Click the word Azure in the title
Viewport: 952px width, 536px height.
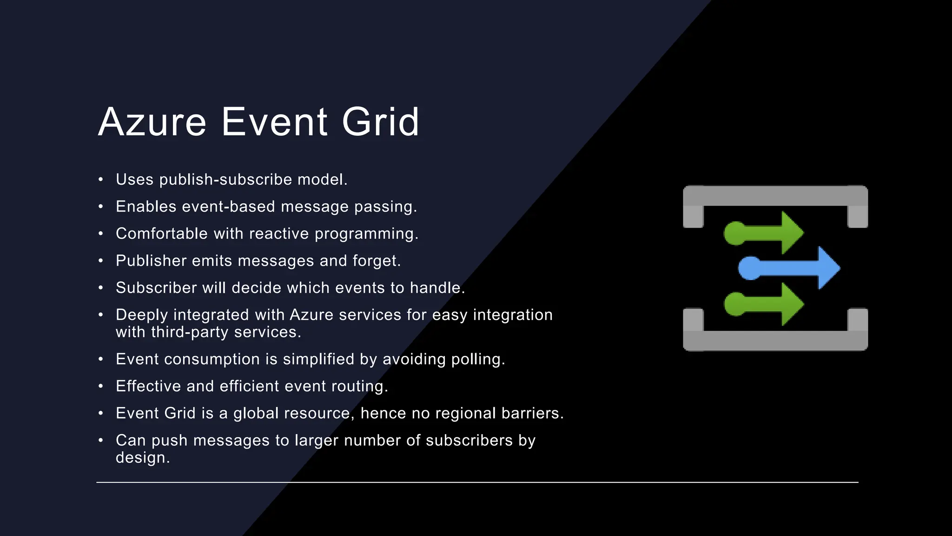pyautogui.click(x=152, y=122)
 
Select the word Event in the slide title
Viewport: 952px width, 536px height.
pyautogui.click(x=274, y=122)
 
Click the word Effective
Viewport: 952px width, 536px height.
pyautogui.click(x=148, y=386)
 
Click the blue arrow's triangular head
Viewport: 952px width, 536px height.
pyautogui.click(x=828, y=268)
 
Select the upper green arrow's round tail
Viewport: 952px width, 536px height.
pyautogui.click(x=735, y=233)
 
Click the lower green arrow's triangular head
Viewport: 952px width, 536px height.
pyautogui.click(x=791, y=304)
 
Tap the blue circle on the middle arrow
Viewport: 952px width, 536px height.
pyautogui.click(x=749, y=268)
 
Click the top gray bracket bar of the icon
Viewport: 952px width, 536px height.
pyautogui.click(x=775, y=196)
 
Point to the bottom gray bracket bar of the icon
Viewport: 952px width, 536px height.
pyautogui.click(x=775, y=341)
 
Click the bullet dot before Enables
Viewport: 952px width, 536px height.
pyautogui.click(x=100, y=207)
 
